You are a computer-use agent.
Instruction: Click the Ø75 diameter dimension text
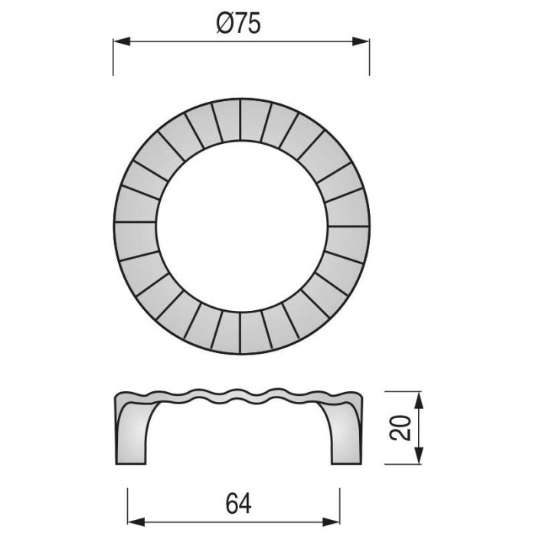pyautogui.click(x=239, y=25)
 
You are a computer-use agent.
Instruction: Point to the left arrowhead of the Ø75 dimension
pyautogui.click(x=119, y=42)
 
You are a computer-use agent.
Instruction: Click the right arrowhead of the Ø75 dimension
pyautogui.click(x=363, y=42)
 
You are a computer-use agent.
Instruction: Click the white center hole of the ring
pyautogui.click(x=241, y=227)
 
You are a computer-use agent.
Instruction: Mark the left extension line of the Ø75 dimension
pyautogui.click(x=114, y=57)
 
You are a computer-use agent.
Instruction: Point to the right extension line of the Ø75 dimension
pyautogui.click(x=369, y=57)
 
